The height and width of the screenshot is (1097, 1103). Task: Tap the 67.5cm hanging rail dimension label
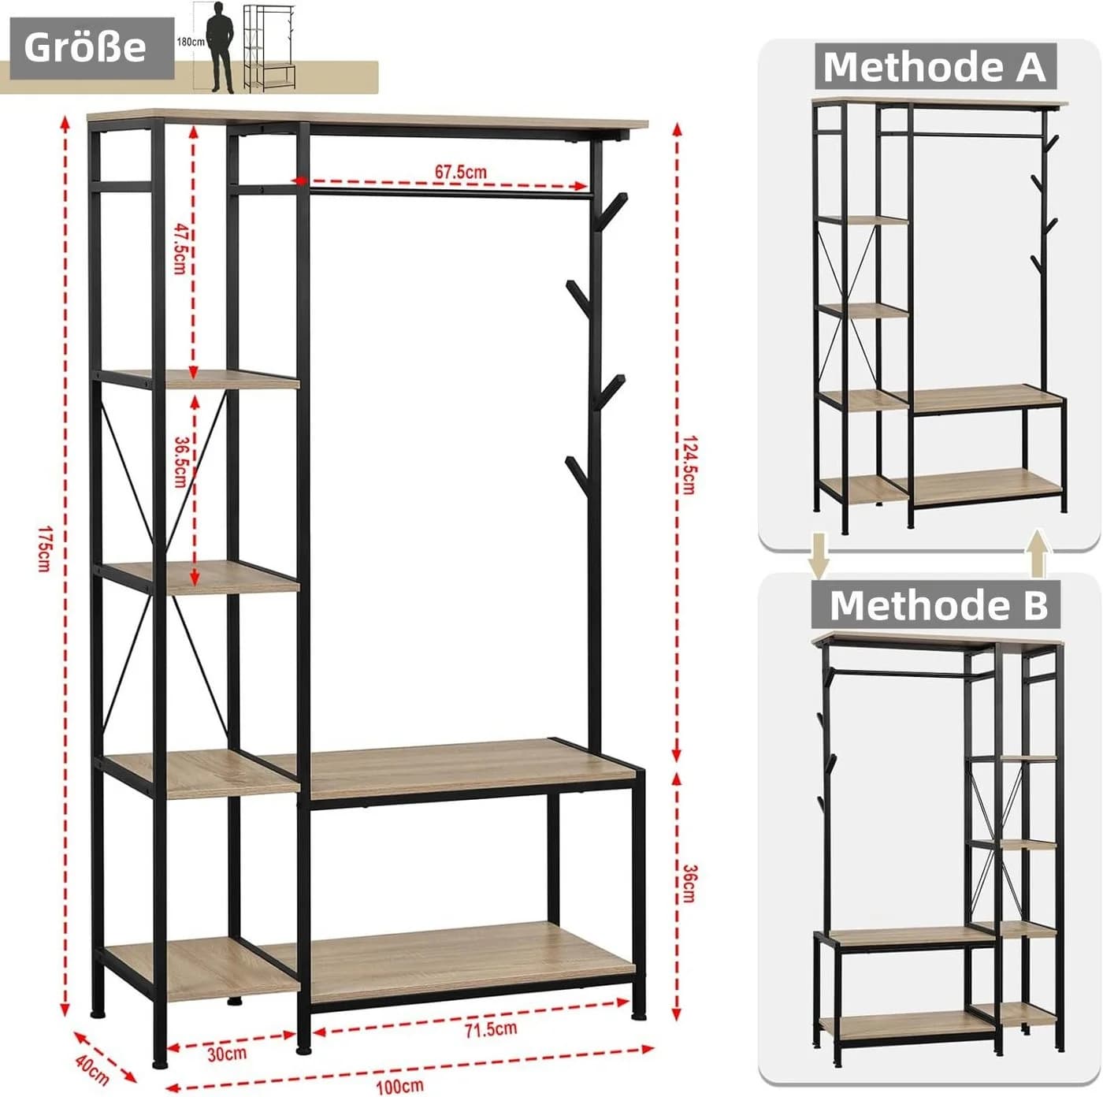click(460, 172)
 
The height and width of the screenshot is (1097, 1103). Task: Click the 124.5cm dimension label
click(689, 465)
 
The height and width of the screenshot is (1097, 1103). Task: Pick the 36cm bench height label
click(689, 883)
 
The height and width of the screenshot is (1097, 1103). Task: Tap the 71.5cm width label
click(491, 1029)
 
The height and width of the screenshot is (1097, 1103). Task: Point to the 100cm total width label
click(400, 1086)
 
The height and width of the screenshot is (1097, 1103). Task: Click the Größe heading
click(85, 47)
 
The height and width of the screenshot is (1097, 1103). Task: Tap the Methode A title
click(934, 67)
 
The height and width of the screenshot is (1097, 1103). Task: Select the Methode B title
click(938, 604)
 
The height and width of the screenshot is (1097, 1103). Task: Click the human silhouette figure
click(221, 47)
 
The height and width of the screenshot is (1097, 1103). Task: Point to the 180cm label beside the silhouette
click(190, 42)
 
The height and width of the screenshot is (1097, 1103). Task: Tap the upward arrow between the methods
click(1037, 553)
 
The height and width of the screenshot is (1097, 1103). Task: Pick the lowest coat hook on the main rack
click(578, 474)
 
